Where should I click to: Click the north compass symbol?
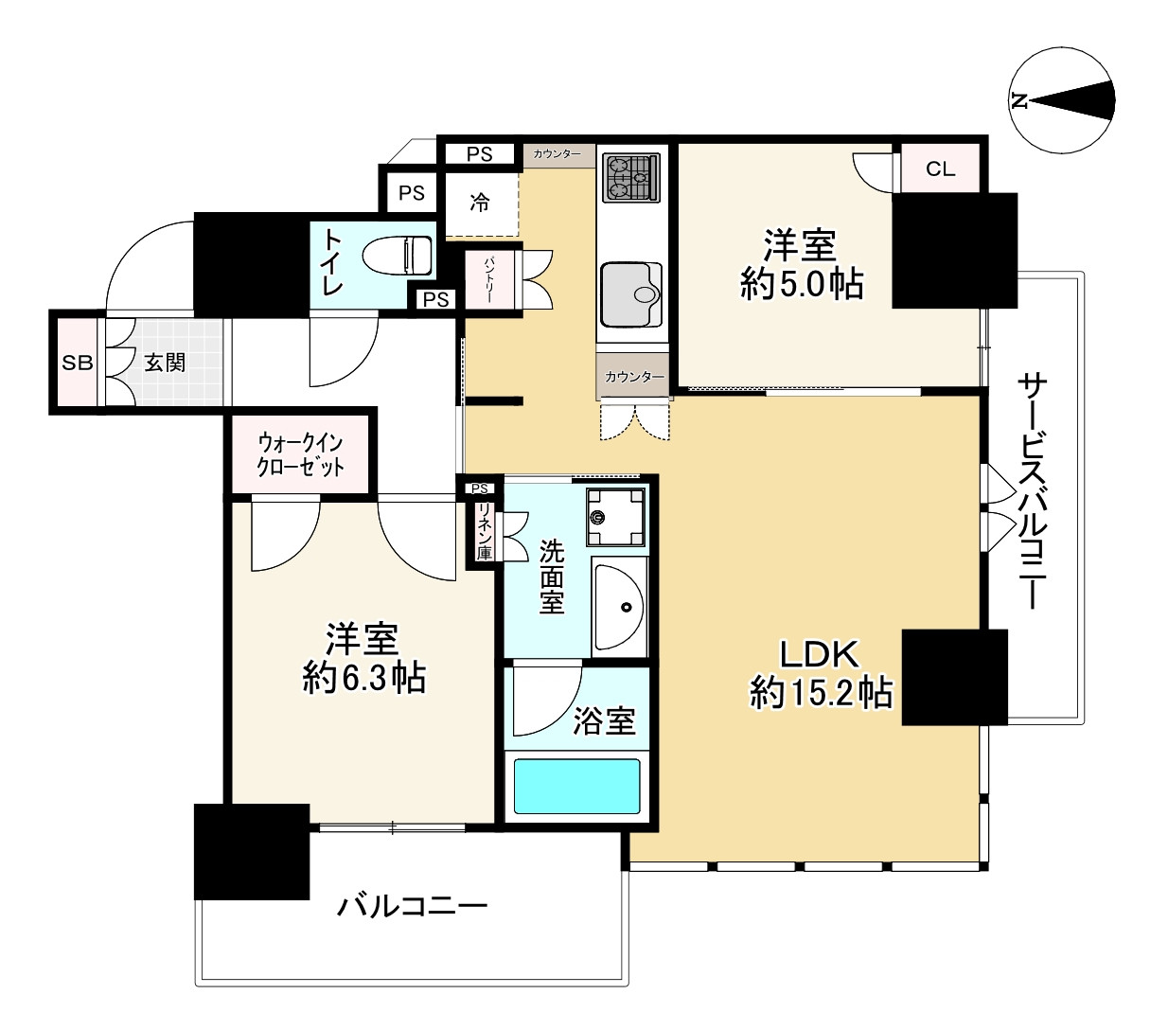1061,101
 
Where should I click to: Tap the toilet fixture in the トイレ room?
398,257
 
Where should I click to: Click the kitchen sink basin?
631,294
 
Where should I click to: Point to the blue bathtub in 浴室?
576,786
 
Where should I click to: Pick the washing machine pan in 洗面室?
615,517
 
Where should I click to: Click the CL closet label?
940,169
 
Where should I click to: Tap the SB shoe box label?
78,363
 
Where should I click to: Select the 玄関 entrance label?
165,363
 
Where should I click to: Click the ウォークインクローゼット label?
300,455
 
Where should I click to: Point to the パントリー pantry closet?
489,279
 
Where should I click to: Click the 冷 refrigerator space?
480,203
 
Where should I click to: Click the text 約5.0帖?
802,284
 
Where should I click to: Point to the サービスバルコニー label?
1033,491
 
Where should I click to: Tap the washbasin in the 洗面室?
620,606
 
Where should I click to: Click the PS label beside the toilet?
435,299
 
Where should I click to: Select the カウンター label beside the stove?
557,154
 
